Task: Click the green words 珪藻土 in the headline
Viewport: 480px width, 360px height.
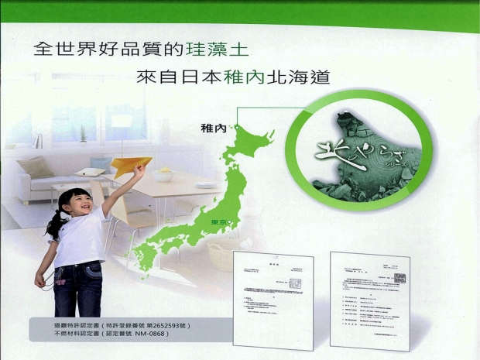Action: click(220, 50)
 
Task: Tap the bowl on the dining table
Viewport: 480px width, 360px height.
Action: click(163, 175)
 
